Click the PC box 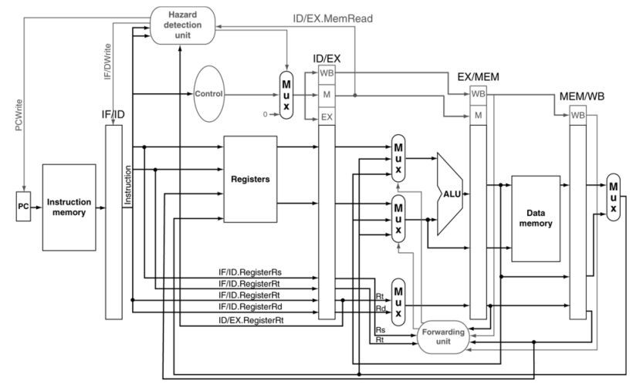click(23, 207)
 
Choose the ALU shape click(450, 194)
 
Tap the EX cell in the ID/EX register click(326, 117)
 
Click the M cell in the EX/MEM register click(479, 114)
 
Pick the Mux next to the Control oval click(286, 96)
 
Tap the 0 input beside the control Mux click(266, 113)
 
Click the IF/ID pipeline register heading click(113, 114)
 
